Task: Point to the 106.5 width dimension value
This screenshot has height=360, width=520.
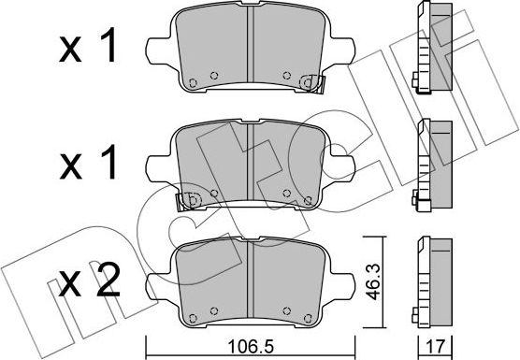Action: [253, 341]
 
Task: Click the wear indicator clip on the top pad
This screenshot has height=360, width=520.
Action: [304, 83]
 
